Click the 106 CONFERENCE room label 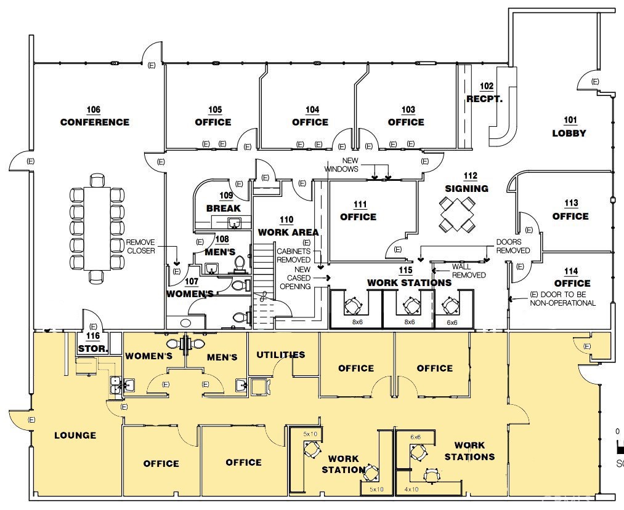pos(94,117)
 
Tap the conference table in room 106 pos(97,228)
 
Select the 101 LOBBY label pos(569,127)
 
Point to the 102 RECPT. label pos(485,93)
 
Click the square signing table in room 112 pos(458,214)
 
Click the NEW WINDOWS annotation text pos(341,165)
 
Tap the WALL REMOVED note pos(469,271)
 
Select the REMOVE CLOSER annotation pos(140,247)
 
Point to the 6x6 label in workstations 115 pos(452,322)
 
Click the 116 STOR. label pos(93,343)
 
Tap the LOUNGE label pos(75,436)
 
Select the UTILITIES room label pos(280,355)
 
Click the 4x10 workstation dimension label pos(411,489)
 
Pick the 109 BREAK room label pos(224,202)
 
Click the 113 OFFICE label pos(570,210)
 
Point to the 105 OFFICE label pos(213,117)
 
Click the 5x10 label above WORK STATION pos(310,434)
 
